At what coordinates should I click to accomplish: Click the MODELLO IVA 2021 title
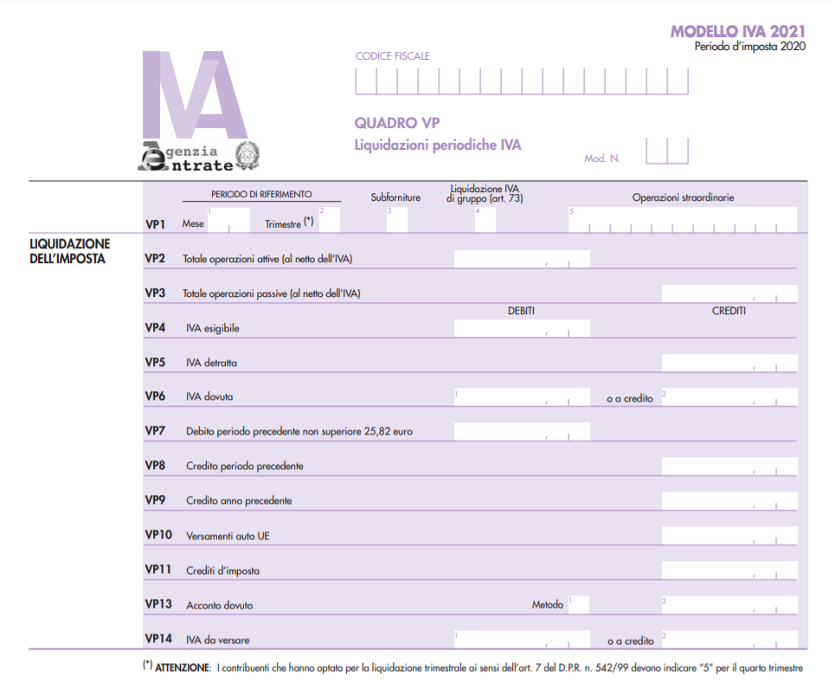point(737,32)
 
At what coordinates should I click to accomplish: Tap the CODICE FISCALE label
point(392,56)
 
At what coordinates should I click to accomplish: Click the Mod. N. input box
point(666,151)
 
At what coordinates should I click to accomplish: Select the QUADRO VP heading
point(397,123)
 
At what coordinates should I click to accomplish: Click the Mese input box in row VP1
point(228,221)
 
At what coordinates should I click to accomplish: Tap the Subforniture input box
point(396,221)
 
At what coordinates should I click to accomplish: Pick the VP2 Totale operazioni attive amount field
point(521,259)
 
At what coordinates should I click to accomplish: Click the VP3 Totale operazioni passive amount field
point(729,293)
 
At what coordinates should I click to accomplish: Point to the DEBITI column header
point(521,311)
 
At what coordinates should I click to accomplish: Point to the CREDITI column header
point(728,311)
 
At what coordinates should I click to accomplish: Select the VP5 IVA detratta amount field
point(729,363)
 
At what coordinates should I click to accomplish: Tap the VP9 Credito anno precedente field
point(729,501)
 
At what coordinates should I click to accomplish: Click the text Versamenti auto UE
point(228,536)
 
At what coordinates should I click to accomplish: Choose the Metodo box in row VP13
point(577,604)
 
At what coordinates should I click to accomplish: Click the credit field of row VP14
point(729,640)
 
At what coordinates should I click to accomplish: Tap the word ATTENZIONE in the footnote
point(183,667)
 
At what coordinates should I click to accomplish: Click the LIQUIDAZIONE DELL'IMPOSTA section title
point(69,251)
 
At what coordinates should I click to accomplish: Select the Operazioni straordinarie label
point(683,197)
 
